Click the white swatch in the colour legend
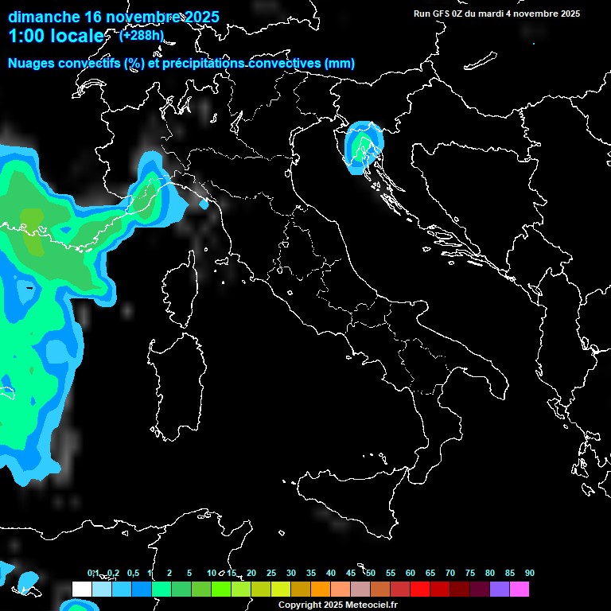click(x=82, y=589)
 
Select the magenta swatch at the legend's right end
click(x=520, y=589)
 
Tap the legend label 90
click(x=530, y=574)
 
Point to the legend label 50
click(x=371, y=574)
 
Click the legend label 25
click(x=271, y=574)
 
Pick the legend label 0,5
click(x=132, y=574)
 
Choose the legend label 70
click(x=450, y=574)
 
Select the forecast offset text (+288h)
click(x=141, y=35)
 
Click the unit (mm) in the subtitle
click(x=340, y=64)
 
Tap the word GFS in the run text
click(x=442, y=14)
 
